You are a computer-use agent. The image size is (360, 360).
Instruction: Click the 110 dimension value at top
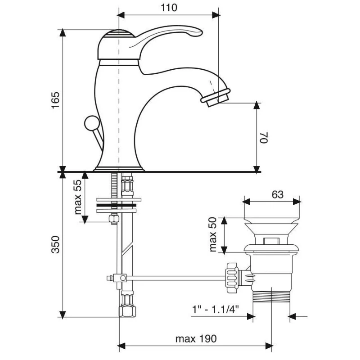coord(168,8)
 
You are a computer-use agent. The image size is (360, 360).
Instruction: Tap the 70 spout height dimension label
coord(264,137)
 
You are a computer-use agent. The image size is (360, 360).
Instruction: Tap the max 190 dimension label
coord(197,338)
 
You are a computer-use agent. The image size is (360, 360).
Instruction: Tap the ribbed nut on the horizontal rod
coord(232,278)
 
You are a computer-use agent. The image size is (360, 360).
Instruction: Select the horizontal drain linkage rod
coord(175,278)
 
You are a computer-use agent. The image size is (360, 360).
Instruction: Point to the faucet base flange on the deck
coord(118,169)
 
